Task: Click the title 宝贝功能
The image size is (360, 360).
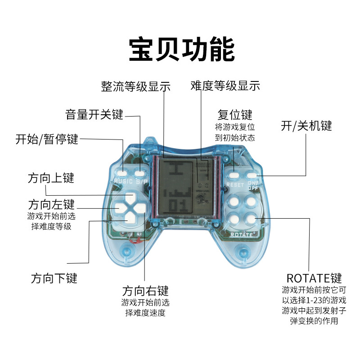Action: click(x=181, y=49)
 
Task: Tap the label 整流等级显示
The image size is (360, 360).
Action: click(x=135, y=86)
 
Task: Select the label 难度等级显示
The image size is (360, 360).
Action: click(x=225, y=86)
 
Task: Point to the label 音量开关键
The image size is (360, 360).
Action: click(x=94, y=114)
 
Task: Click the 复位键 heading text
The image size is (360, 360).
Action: click(x=234, y=114)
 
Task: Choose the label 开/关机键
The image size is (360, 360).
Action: click(x=306, y=126)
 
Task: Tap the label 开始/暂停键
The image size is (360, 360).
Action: click(x=47, y=139)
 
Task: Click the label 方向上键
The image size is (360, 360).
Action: click(x=50, y=178)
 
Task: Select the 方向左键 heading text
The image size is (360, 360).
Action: click(x=51, y=204)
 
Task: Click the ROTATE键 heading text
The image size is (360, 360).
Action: click(x=314, y=277)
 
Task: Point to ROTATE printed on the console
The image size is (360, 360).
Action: click(x=242, y=234)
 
